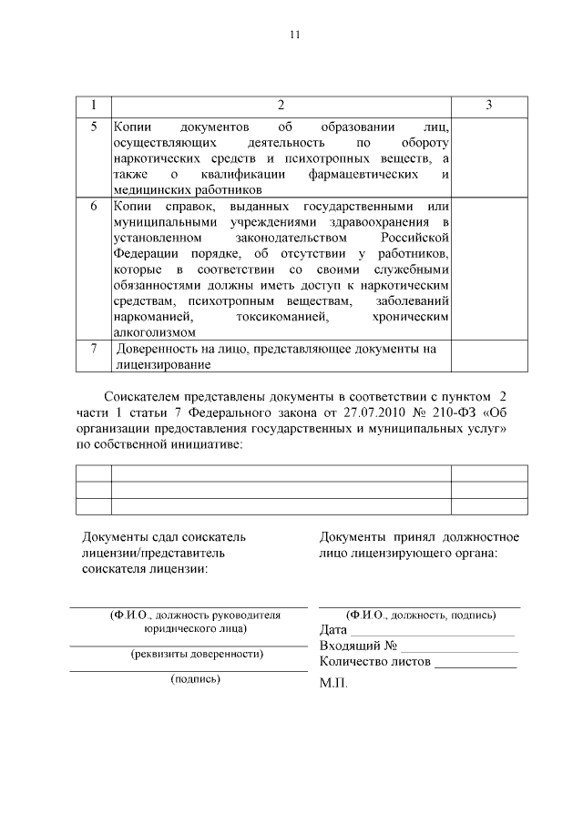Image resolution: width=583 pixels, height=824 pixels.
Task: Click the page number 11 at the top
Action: click(x=293, y=35)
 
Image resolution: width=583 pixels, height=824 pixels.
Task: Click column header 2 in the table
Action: click(x=281, y=106)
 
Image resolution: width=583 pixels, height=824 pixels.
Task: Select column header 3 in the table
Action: click(x=489, y=106)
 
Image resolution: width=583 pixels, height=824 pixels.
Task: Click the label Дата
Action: click(x=333, y=630)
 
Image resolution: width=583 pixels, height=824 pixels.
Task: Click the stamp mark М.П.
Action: click(x=333, y=683)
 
